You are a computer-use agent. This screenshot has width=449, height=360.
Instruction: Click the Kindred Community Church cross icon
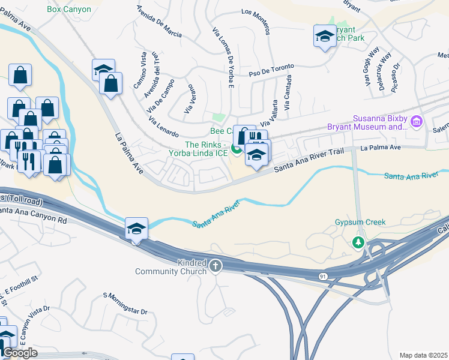215,265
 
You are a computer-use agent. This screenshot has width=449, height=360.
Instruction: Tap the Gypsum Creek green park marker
358,242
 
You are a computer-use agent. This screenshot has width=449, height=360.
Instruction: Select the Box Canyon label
69,9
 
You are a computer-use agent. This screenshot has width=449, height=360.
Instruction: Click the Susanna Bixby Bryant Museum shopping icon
416,123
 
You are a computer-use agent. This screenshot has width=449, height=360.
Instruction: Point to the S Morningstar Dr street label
125,304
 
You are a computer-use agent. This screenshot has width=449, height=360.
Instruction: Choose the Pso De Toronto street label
272,70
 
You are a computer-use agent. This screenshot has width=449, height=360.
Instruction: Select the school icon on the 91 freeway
136,228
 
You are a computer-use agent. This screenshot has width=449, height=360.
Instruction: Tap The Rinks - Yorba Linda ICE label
206,149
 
